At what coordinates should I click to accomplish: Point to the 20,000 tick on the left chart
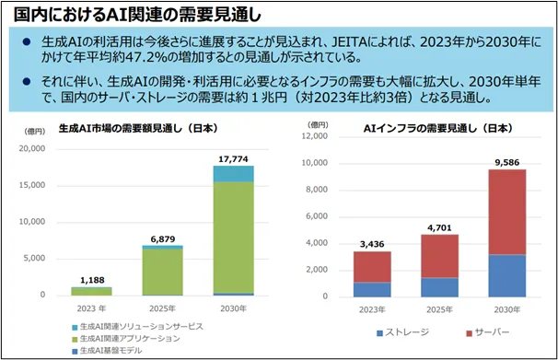31,149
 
